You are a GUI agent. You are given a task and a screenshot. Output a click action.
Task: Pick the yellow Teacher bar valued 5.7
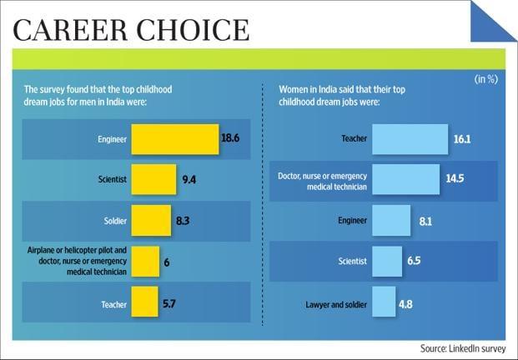(144, 301)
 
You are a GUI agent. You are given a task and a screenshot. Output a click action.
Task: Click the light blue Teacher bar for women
(404, 139)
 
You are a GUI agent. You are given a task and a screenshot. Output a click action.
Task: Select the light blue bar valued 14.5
(405, 179)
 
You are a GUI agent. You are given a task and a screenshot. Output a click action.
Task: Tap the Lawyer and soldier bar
(384, 302)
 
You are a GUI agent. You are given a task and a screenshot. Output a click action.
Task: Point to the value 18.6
(231, 138)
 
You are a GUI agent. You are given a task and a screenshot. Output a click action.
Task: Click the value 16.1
(450, 140)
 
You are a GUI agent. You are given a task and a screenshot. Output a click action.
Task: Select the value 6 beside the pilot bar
(167, 262)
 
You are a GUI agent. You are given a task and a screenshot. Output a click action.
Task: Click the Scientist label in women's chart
(352, 261)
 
